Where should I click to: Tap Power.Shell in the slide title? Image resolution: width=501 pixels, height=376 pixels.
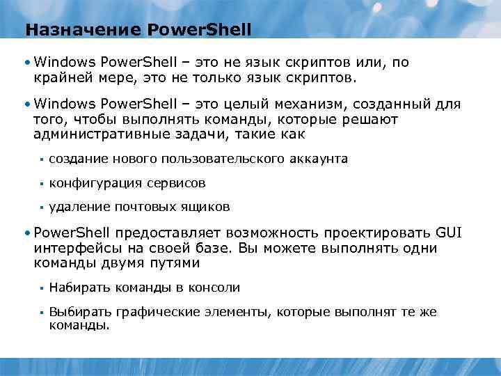tap(200, 31)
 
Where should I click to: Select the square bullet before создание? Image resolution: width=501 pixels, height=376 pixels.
tap(41, 159)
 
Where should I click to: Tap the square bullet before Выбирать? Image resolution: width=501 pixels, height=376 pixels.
tap(41, 312)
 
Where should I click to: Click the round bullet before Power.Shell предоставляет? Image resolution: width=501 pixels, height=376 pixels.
tap(26, 233)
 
